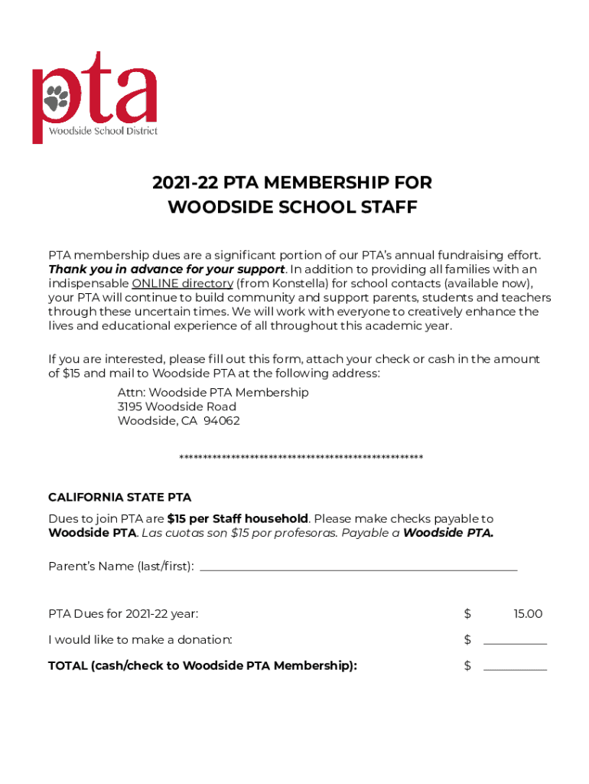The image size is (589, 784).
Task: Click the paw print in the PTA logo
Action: click(56, 97)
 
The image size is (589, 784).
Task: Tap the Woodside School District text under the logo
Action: click(103, 130)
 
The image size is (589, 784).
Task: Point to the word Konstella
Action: click(284, 283)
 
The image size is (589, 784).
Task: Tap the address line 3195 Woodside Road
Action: click(177, 407)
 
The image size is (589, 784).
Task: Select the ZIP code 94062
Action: click(222, 421)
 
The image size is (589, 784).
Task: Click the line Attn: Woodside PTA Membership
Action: click(213, 392)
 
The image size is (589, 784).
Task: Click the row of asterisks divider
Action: click(301, 458)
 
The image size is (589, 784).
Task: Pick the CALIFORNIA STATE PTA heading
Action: click(119, 498)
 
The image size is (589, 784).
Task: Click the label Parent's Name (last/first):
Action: click(121, 567)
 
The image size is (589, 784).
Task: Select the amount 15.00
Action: click(528, 614)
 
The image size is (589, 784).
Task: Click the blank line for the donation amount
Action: click(515, 642)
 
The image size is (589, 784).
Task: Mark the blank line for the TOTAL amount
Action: click(515, 668)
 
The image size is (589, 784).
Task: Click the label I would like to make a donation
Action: click(140, 639)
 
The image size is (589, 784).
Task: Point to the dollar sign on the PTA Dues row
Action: click(467, 614)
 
